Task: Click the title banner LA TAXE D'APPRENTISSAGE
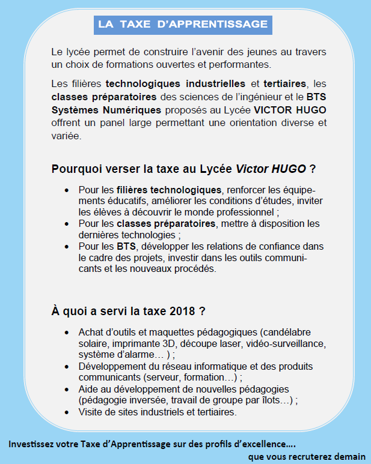pos(183,24)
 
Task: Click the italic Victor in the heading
pos(254,169)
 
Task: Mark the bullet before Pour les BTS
pos(66,247)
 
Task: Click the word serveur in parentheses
pos(164,378)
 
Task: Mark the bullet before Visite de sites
pos(66,412)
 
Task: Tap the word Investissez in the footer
pos(32,445)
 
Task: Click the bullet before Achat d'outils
pos(66,333)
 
